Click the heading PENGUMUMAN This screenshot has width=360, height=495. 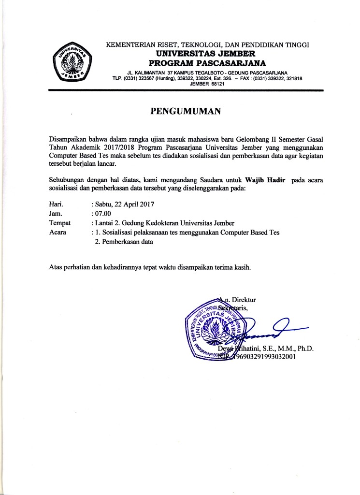tap(186, 112)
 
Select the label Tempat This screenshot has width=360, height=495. tap(60, 223)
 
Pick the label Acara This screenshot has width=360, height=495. tap(58, 233)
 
